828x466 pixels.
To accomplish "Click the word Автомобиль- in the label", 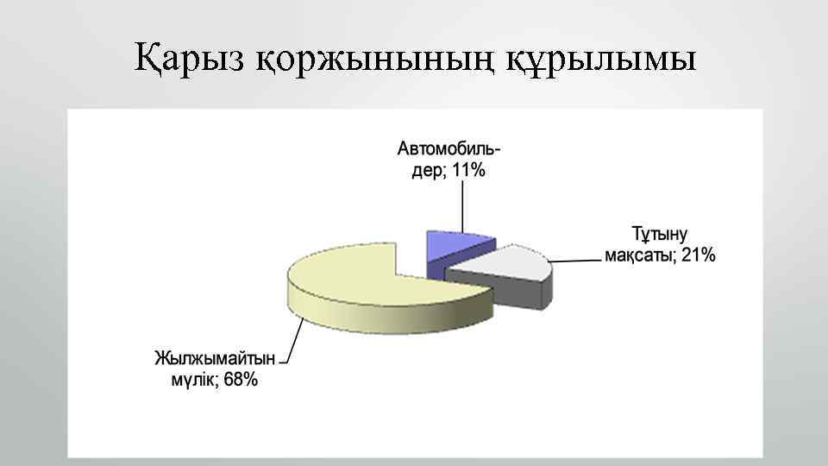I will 448,148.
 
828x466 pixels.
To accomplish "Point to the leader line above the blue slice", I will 463,207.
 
